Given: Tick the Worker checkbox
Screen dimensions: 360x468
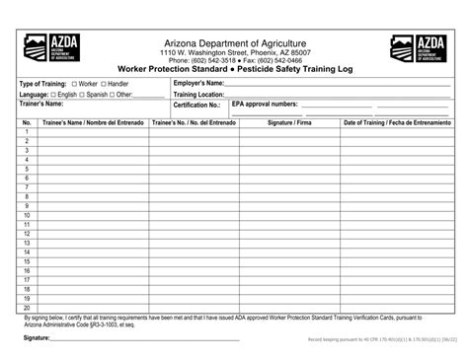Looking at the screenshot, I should [74, 85].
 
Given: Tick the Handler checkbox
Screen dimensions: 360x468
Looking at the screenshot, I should [103, 85].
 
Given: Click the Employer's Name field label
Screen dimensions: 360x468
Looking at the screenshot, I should [204, 84].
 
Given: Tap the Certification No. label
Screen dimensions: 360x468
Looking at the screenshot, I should [196, 104].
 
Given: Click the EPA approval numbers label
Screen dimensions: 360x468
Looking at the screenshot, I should [265, 104].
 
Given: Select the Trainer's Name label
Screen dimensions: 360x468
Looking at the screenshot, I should [41, 104].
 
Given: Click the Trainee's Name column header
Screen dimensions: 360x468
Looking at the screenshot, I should [93, 123].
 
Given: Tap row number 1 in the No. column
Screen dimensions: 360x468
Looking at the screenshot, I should [27, 133].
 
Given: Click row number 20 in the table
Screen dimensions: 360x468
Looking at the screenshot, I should [27, 308].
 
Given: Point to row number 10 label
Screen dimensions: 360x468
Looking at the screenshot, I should [27, 215].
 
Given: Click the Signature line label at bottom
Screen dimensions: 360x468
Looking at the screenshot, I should [38, 338].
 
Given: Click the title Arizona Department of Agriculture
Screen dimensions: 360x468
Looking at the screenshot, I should [234, 43].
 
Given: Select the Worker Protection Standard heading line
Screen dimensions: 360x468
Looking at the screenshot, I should [234, 70].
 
